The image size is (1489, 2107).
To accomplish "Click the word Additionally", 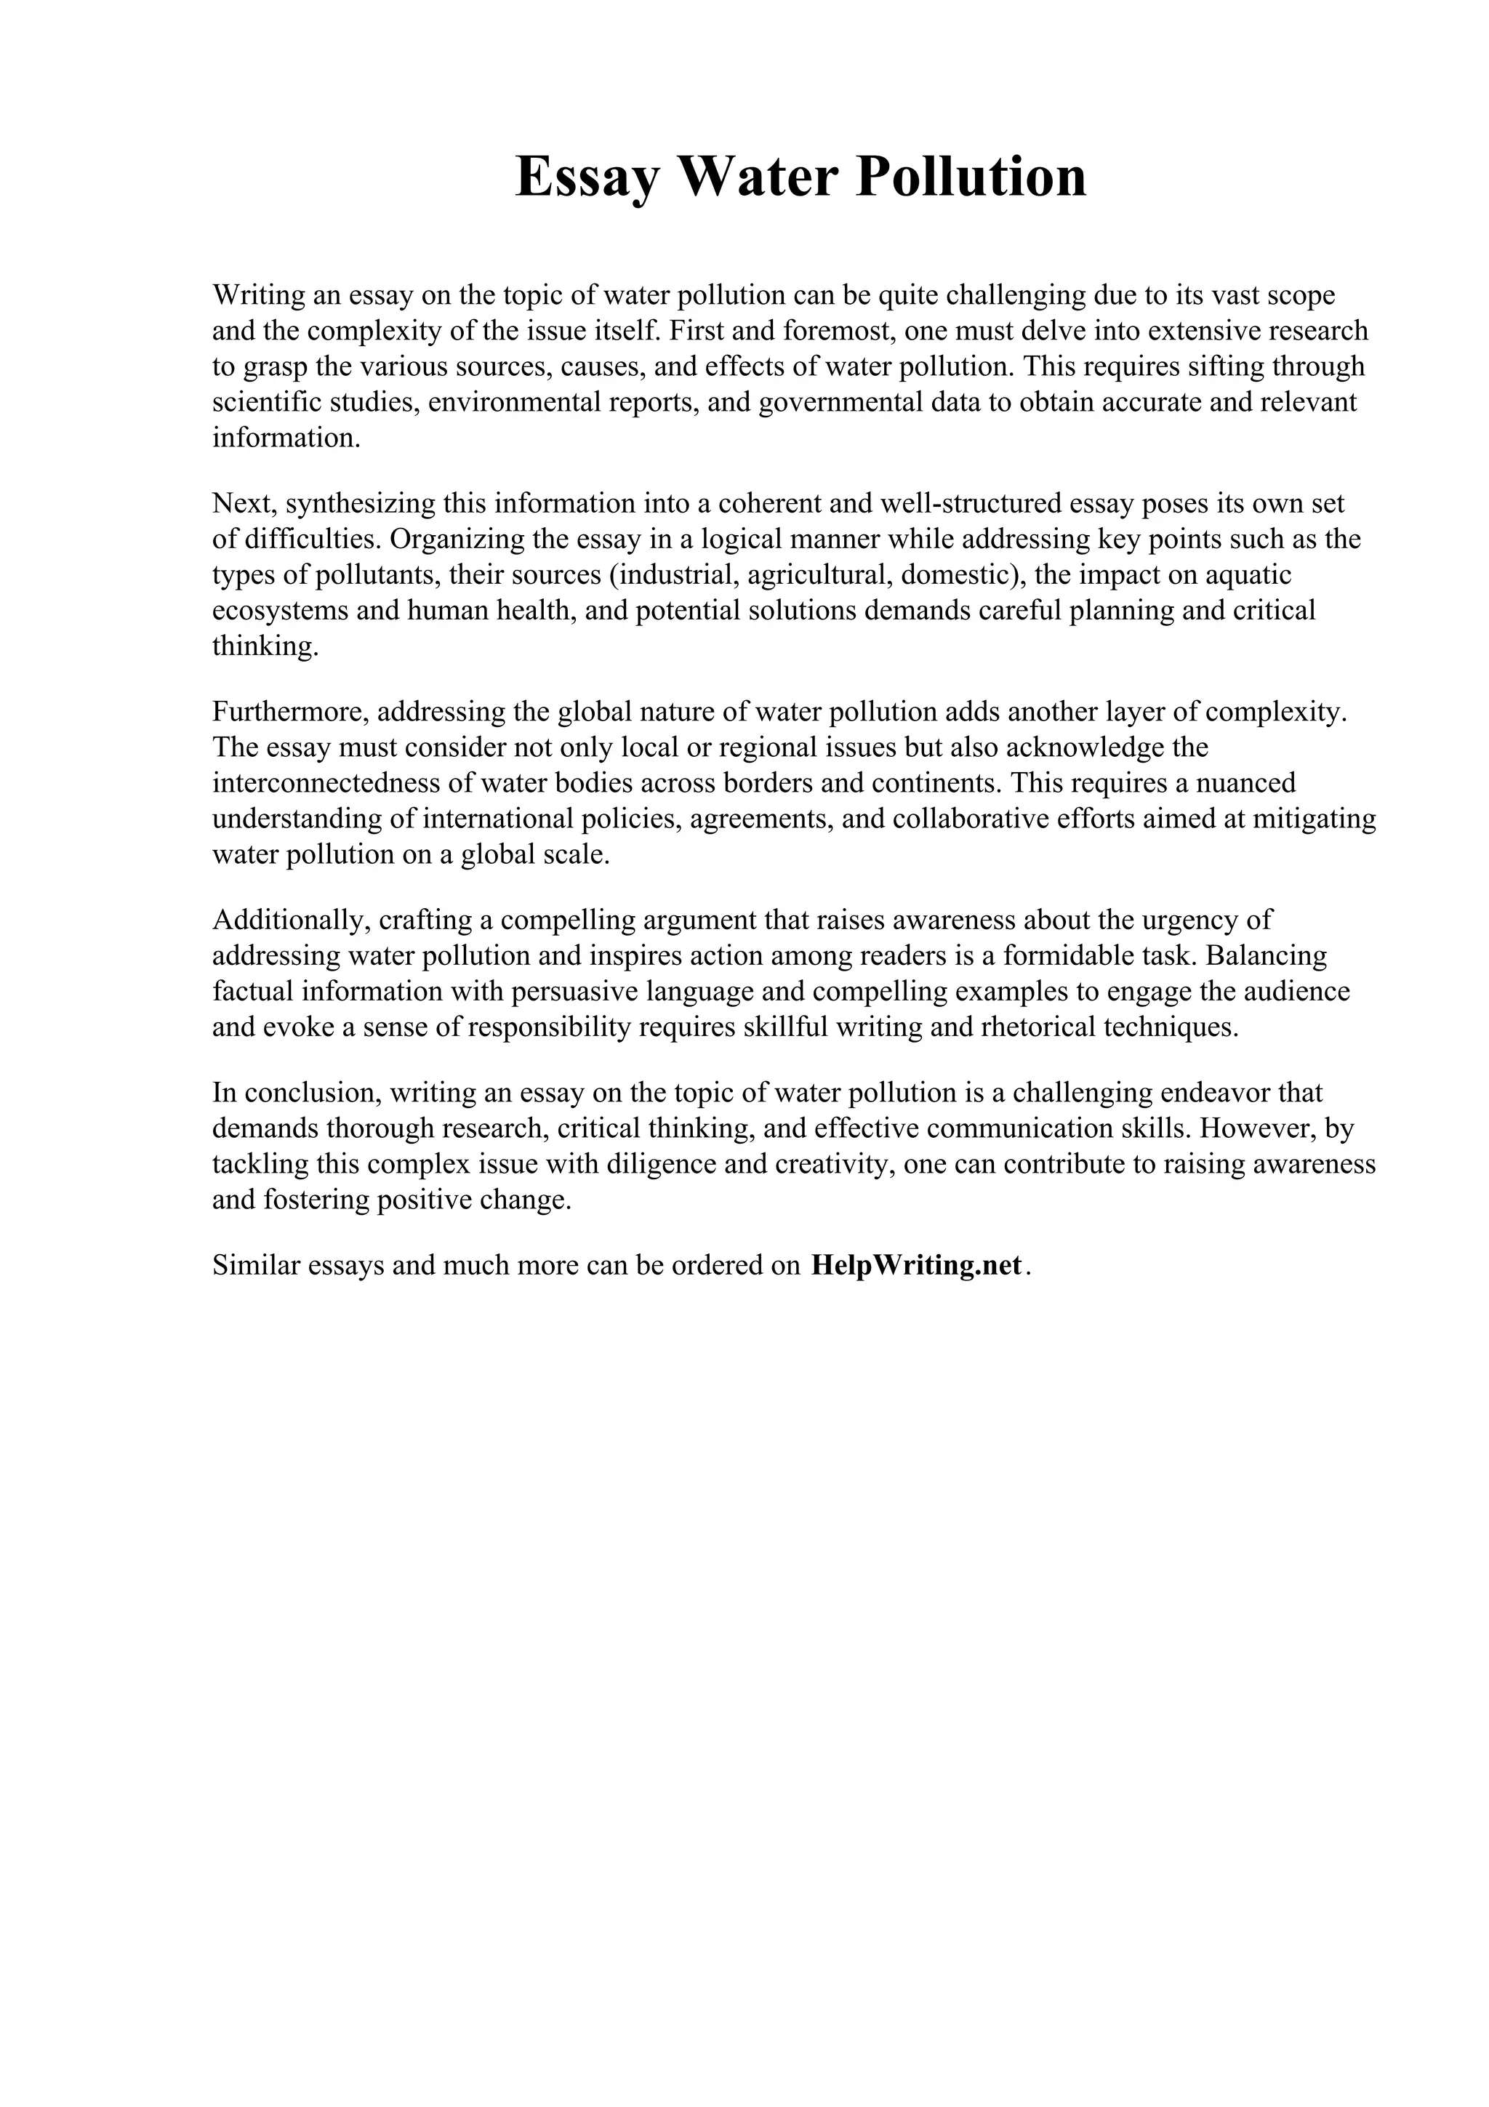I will pyautogui.click(x=291, y=920).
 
